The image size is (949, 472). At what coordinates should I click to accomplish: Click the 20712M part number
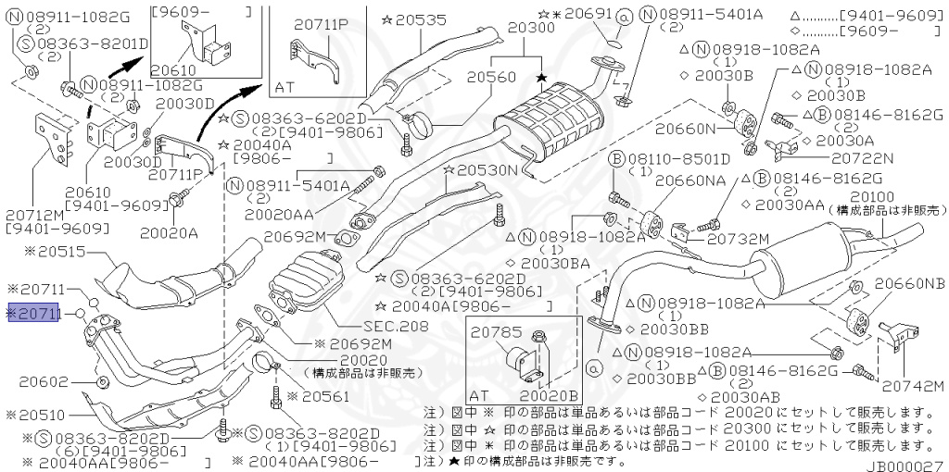(35, 214)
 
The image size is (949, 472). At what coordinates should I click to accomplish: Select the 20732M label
(739, 239)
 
